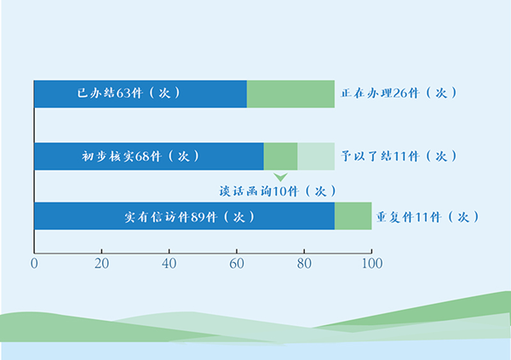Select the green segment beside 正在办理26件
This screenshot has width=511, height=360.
tap(290, 94)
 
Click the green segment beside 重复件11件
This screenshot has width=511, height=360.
tap(353, 216)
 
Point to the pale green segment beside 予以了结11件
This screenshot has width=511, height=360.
tap(316, 157)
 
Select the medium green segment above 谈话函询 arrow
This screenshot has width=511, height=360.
tap(280, 157)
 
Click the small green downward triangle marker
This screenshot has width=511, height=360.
tap(280, 176)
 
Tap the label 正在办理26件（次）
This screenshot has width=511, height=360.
tap(399, 93)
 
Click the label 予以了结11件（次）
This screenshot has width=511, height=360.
tap(399, 157)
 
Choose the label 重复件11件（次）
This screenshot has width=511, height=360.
tap(423, 217)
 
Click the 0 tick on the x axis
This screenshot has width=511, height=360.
tap(34, 264)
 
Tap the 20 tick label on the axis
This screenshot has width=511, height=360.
tap(101, 264)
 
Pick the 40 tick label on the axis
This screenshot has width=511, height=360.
tap(169, 264)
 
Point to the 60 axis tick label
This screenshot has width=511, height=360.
tap(237, 264)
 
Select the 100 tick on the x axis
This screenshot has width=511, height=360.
tap(371, 264)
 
